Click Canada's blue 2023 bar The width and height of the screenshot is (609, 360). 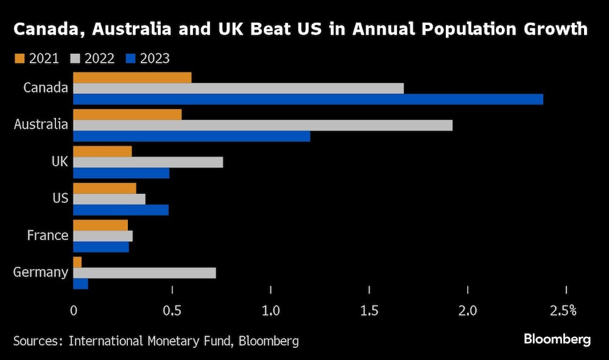(308, 99)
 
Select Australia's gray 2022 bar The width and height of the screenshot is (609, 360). (262, 125)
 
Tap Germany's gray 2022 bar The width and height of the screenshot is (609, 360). (144, 273)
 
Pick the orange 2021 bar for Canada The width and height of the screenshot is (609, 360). (132, 77)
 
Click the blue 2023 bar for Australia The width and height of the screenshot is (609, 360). (191, 136)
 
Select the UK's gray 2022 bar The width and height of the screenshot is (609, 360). (148, 162)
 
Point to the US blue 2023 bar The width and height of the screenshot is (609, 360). (121, 210)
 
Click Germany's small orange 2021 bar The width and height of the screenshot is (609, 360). (77, 262)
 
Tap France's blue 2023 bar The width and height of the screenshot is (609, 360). (101, 247)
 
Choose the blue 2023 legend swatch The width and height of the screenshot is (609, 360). (130, 58)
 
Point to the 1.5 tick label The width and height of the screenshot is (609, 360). (369, 311)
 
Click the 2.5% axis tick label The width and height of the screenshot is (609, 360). (563, 311)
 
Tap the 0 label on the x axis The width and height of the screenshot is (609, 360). (73, 311)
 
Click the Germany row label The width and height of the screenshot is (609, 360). (40, 272)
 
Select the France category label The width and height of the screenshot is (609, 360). (48, 235)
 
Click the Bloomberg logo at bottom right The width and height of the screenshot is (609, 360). (557, 339)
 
